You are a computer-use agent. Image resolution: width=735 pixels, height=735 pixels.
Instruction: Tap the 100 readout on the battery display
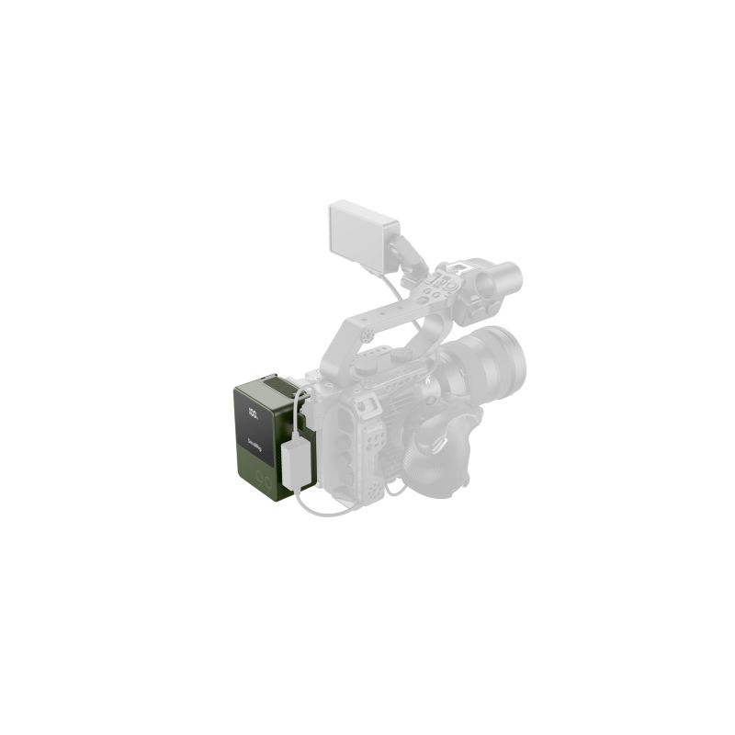point(253,415)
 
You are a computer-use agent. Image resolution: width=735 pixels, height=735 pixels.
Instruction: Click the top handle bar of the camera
point(386,322)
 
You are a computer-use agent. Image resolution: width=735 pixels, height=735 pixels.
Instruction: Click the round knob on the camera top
point(401,355)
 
